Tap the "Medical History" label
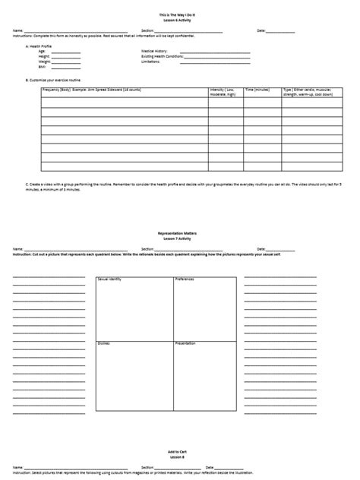pos(154,51)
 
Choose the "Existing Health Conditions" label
pos(162,56)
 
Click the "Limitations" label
pos(150,62)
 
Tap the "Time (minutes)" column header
pos(257,90)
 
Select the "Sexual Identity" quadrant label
pos(109,279)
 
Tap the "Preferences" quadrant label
pos(185,279)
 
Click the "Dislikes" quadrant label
pos(104,343)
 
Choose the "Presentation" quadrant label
pos(186,343)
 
